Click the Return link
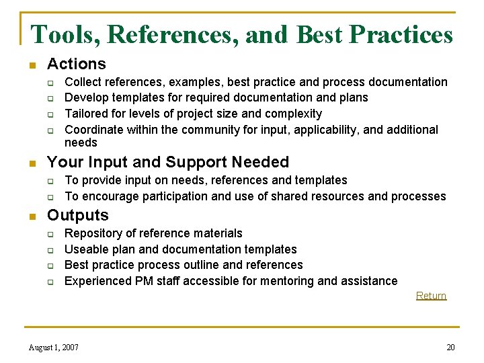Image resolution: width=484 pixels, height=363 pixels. pyautogui.click(x=431, y=296)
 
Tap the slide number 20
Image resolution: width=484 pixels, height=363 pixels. pyautogui.click(x=450, y=348)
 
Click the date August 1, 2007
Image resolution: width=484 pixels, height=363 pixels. pyautogui.click(x=54, y=348)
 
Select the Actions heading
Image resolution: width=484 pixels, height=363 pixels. pyautogui.click(x=76, y=64)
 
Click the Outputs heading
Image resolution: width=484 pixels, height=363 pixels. pyautogui.click(x=77, y=215)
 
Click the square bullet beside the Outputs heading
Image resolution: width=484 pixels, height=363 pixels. pyautogui.click(x=31, y=216)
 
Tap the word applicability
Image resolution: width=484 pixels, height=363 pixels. pyautogui.click(x=323, y=130)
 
